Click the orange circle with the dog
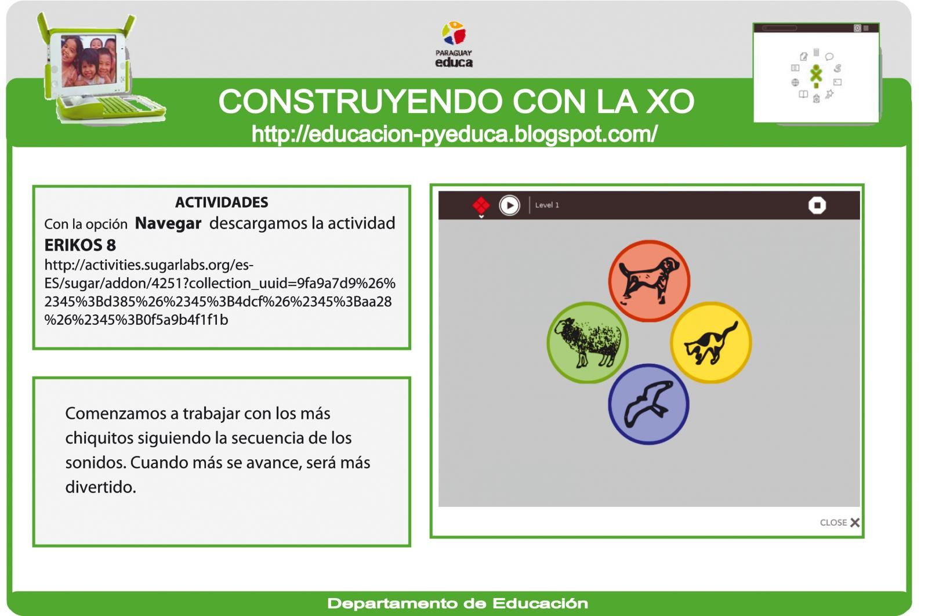649,281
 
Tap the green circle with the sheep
588,343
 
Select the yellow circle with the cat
710,342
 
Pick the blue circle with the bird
648,404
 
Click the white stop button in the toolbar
817,205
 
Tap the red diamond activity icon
481,205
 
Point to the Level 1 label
547,205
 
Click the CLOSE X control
840,523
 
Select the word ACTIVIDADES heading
222,202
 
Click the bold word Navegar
168,223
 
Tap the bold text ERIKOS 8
80,245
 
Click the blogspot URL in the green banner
454,135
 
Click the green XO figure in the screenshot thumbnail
816,74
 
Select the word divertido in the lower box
100,487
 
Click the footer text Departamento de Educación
458,604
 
